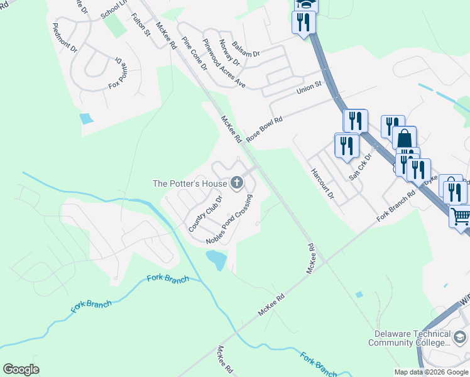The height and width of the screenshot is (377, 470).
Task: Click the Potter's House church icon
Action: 237,183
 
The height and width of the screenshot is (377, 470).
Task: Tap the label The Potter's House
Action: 191,183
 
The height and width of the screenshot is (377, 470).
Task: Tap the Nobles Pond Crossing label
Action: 229,220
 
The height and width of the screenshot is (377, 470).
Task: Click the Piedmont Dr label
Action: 65,38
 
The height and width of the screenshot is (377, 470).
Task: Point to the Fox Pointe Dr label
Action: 119,72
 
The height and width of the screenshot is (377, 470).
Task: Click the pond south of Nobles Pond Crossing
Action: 216,259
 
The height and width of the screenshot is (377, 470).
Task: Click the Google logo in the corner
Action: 21,369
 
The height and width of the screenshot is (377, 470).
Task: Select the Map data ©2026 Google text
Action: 431,372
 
